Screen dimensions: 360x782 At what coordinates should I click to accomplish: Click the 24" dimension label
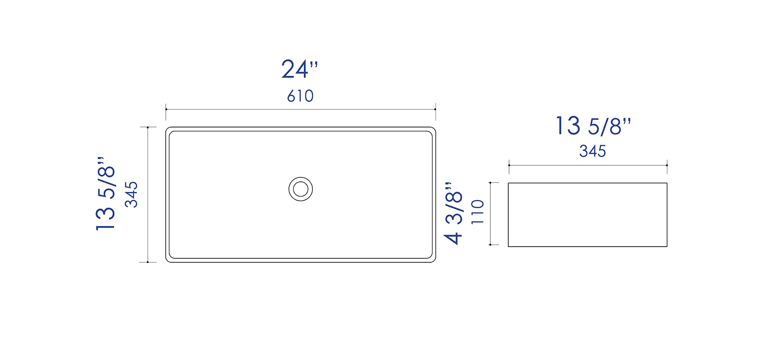299,70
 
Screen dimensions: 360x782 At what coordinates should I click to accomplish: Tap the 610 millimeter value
300,96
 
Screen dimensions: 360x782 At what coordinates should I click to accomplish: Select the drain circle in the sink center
301,189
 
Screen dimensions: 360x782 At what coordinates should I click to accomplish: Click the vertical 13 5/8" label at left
106,194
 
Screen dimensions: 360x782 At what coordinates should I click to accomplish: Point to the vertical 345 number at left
131,194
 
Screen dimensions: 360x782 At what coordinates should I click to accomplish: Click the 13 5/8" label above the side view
593,126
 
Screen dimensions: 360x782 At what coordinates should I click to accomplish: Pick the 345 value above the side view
592,151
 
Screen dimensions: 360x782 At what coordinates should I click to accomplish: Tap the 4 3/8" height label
454,213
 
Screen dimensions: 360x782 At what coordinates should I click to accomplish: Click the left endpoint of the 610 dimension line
166,109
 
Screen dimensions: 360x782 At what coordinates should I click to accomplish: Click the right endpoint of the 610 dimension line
435,109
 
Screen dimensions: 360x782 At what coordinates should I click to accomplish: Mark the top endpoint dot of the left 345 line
148,127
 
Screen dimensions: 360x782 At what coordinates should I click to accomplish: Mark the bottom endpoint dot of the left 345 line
148,262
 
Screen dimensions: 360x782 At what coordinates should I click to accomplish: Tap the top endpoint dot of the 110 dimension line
490,183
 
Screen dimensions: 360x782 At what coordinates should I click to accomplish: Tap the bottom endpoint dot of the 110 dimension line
490,245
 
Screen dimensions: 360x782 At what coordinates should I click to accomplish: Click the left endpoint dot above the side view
509,165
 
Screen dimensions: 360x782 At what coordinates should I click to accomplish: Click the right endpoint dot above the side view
667,165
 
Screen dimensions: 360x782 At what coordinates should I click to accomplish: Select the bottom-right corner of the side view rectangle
667,246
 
